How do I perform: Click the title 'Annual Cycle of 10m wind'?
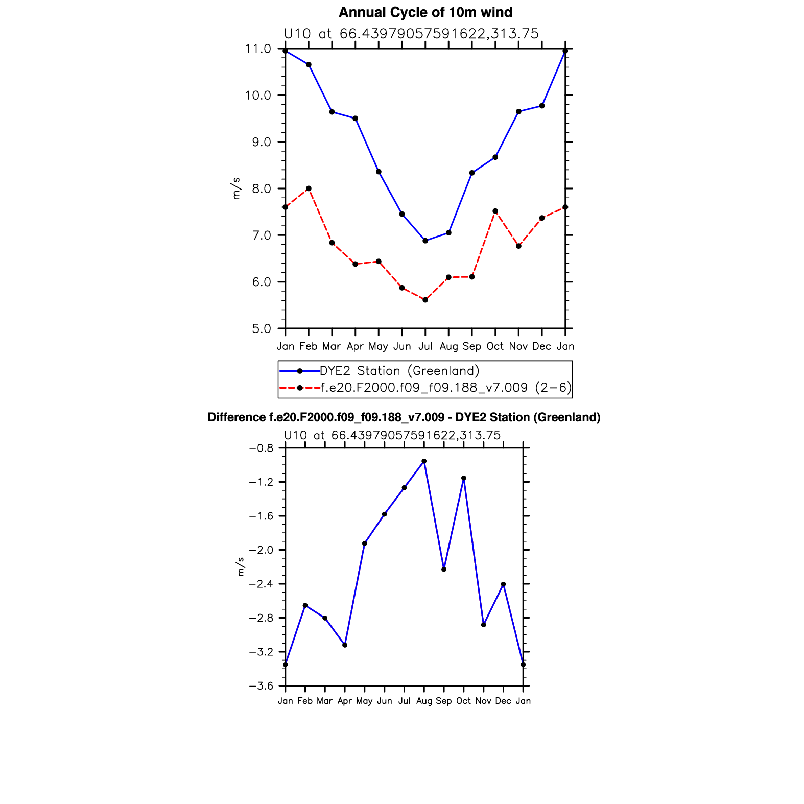pyautogui.click(x=425, y=12)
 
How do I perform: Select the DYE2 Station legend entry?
pyautogui.click(x=399, y=371)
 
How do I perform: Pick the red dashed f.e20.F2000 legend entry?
pyautogui.click(x=424, y=388)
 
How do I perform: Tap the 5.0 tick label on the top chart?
pyautogui.click(x=261, y=328)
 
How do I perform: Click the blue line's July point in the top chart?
pyautogui.click(x=425, y=241)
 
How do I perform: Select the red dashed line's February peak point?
pyautogui.click(x=309, y=188)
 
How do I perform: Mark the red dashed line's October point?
pyautogui.click(x=495, y=211)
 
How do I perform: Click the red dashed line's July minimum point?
pyautogui.click(x=425, y=300)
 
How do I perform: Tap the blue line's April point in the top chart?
pyautogui.click(x=355, y=119)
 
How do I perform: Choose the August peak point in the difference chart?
pyautogui.click(x=424, y=461)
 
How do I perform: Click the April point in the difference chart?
pyautogui.click(x=345, y=645)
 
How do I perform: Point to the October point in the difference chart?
pyautogui.click(x=464, y=478)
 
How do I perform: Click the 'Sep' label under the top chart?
pyautogui.click(x=471, y=346)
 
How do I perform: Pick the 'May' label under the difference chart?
pyautogui.click(x=364, y=701)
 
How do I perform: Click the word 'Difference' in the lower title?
pyautogui.click(x=237, y=417)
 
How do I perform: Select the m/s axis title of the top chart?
pyautogui.click(x=236, y=188)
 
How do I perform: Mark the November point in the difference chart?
pyautogui.click(x=483, y=625)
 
